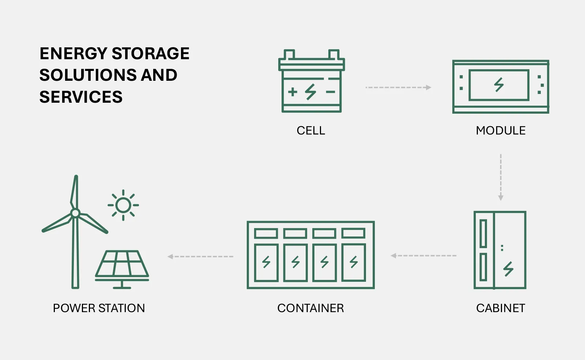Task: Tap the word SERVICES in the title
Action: [x=81, y=97]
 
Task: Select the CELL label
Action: [x=311, y=130]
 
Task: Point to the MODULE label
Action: [x=501, y=130]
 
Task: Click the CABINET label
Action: [x=501, y=308]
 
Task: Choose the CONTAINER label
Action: [x=310, y=308]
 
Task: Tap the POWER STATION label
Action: [x=99, y=308]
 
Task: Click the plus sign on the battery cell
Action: [x=292, y=91]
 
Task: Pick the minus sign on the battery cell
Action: [x=331, y=92]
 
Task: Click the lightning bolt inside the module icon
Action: [x=499, y=84]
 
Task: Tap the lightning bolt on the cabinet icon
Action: [x=508, y=269]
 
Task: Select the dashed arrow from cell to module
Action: [x=398, y=87]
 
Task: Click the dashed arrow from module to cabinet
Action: [x=501, y=177]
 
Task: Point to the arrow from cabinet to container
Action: [x=423, y=255]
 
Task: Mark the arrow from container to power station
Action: [x=200, y=257]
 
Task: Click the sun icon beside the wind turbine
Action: [x=123, y=205]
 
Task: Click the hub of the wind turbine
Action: [x=75, y=213]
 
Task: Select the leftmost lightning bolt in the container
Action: [x=266, y=262]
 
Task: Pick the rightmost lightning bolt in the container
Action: [x=354, y=262]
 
